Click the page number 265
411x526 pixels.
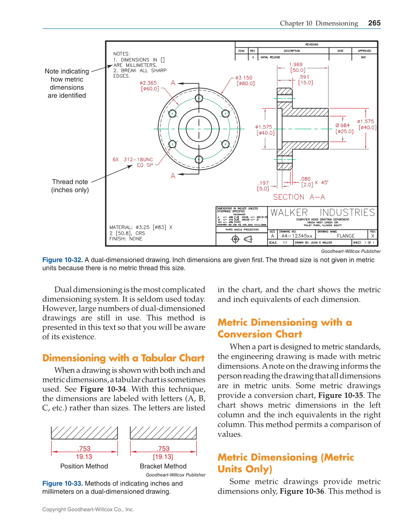click(x=374, y=23)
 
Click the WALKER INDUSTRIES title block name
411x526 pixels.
click(x=322, y=213)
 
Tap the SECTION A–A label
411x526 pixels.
click(x=299, y=197)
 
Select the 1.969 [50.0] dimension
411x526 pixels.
click(x=297, y=67)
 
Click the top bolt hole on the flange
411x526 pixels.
click(x=199, y=98)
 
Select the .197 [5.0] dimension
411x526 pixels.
click(x=263, y=186)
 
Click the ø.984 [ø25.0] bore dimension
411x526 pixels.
click(x=344, y=128)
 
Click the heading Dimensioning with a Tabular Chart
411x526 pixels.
click(x=123, y=358)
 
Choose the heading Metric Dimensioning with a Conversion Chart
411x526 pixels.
click(x=284, y=328)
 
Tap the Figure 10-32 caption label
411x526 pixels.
click(x=63, y=260)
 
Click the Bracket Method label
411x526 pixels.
click(x=163, y=466)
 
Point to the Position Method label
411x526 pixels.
click(x=84, y=466)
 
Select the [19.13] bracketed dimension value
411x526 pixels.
click(x=163, y=457)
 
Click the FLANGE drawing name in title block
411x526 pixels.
click(x=346, y=236)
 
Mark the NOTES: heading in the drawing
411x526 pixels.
click(x=122, y=54)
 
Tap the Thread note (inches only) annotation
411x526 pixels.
click(x=70, y=186)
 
